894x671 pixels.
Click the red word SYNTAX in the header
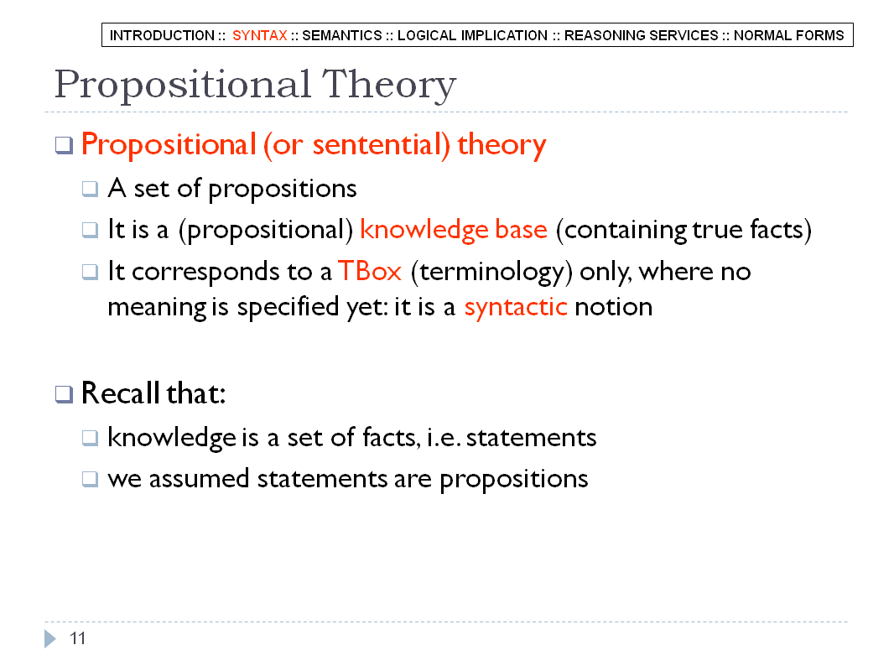(259, 35)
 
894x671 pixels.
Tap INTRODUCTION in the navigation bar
(162, 35)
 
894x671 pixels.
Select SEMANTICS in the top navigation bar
(342, 35)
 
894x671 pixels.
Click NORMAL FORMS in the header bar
(788, 35)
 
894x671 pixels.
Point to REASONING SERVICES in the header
(642, 35)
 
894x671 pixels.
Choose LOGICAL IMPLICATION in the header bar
(473, 35)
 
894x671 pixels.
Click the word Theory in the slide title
(389, 86)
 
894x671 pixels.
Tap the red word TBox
(370, 272)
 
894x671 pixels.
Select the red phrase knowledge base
(454, 230)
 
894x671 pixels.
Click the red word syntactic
(516, 307)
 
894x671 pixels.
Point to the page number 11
(77, 638)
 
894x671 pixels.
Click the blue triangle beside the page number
(50, 638)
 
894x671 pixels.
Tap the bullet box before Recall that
(64, 394)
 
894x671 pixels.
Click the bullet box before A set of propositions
(90, 189)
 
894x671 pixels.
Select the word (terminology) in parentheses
(491, 273)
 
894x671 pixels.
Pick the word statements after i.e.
(532, 438)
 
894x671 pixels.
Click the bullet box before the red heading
(64, 145)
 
